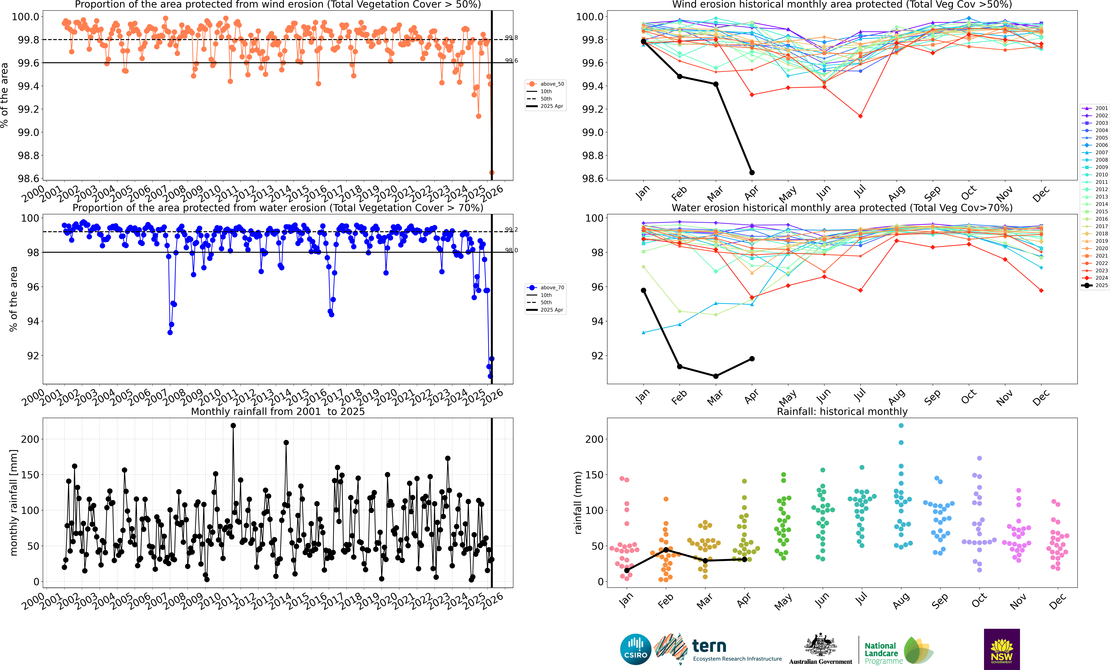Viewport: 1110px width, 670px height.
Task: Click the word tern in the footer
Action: pos(709,646)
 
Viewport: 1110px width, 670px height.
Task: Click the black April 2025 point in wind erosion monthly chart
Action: pos(752,173)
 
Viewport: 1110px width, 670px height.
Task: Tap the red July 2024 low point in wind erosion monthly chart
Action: pos(860,116)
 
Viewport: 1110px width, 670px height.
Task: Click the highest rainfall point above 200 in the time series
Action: pos(233,425)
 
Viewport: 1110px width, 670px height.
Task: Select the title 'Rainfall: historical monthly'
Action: pos(842,411)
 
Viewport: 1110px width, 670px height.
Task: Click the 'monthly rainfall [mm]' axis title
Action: pos(14,502)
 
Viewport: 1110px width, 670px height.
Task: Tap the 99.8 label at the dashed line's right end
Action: pos(511,38)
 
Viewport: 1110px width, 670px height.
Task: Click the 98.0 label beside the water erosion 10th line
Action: pos(511,251)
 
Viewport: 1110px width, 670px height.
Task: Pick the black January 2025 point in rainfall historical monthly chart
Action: pos(627,570)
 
